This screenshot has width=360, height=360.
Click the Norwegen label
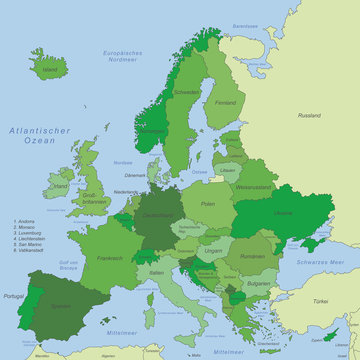point(153,130)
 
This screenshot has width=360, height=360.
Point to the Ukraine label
point(283,213)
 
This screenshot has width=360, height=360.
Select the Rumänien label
point(254,257)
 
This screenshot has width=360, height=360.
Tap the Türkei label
point(320,301)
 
